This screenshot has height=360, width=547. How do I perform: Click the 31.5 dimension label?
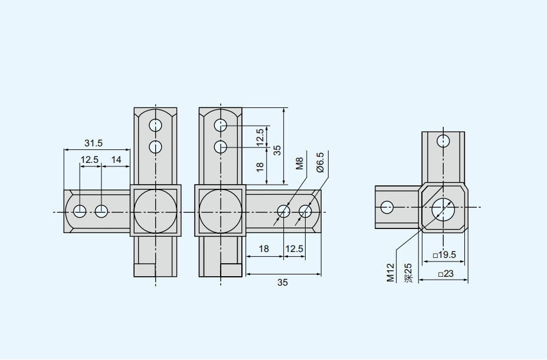[93, 143]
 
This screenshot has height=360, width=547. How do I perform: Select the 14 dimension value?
[116, 160]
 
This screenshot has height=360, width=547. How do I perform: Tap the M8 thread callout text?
[300, 163]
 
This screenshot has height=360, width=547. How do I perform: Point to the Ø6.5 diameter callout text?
[320, 162]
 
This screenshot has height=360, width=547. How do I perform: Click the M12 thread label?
[391, 273]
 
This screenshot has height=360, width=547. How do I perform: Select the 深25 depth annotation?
[408, 273]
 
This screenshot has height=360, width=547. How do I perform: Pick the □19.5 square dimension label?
[444, 255]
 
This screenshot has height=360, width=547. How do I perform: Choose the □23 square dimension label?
[446, 274]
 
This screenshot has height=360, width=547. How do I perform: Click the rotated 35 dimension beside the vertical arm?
[277, 150]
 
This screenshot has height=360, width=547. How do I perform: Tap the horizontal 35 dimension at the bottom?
[283, 283]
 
